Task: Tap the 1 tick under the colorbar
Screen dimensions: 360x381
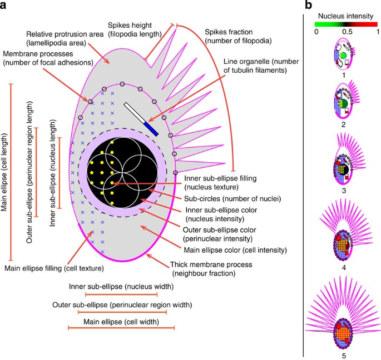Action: pos(377,32)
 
